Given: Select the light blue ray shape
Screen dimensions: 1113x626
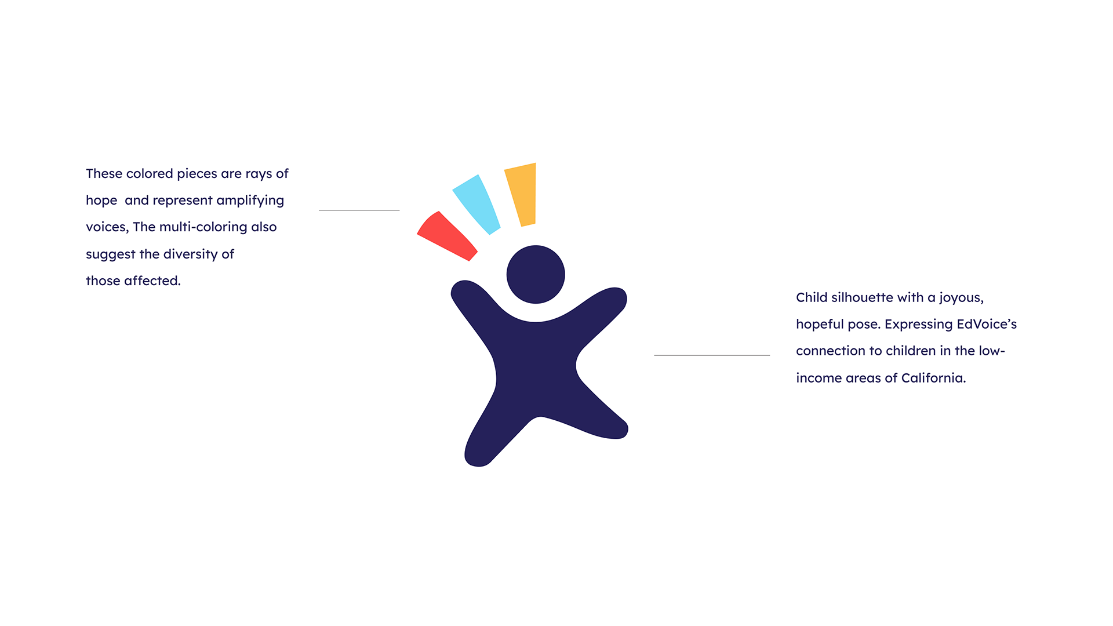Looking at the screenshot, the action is click(477, 205).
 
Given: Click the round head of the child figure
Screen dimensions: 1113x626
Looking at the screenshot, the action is click(536, 274).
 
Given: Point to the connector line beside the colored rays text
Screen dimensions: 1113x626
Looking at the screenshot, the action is click(359, 210).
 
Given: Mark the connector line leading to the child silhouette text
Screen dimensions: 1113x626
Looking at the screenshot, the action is click(712, 355).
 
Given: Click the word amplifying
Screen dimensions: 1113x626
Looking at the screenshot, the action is click(250, 201).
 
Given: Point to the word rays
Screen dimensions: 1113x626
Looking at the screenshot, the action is click(259, 174).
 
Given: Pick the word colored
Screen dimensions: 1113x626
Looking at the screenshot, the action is click(150, 173).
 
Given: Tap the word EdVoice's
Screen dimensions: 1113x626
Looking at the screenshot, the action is click(987, 324).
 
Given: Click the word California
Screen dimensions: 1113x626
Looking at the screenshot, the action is click(933, 378).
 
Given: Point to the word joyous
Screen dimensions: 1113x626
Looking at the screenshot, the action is click(961, 299).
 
